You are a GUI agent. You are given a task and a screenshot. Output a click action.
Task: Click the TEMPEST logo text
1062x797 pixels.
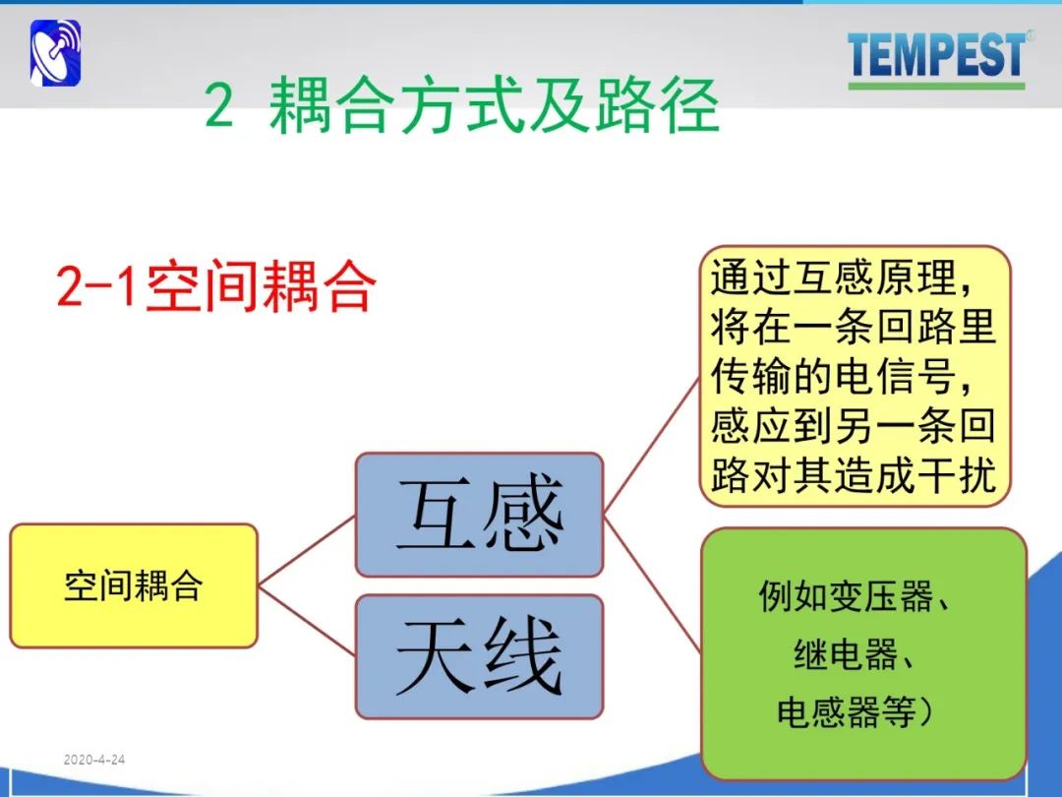tap(936, 54)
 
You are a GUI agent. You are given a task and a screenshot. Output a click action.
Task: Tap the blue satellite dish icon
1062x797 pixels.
tap(55, 53)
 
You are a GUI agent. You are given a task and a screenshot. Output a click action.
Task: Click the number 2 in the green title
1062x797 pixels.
tap(219, 105)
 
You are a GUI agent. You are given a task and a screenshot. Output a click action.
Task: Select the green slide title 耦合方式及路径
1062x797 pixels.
tap(494, 105)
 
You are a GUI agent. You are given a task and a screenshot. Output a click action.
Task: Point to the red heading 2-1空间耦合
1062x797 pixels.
tap(216, 286)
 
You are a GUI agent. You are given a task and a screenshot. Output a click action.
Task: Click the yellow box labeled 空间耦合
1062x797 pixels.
tap(134, 585)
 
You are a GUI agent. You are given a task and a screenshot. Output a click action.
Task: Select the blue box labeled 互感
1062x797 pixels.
tap(480, 515)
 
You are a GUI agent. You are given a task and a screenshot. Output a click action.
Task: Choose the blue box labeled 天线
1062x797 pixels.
tap(480, 656)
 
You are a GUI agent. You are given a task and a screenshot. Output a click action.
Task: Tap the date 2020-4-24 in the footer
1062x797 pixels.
tap(94, 760)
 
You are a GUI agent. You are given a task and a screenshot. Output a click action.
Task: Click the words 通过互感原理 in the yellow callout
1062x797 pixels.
tap(833, 277)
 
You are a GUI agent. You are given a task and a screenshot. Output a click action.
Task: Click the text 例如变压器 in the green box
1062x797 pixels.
tap(847, 596)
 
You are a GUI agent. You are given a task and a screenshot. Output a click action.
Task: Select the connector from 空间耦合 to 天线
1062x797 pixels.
tap(307, 621)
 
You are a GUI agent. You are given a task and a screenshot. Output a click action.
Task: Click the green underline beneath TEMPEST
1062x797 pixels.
tap(936, 86)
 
